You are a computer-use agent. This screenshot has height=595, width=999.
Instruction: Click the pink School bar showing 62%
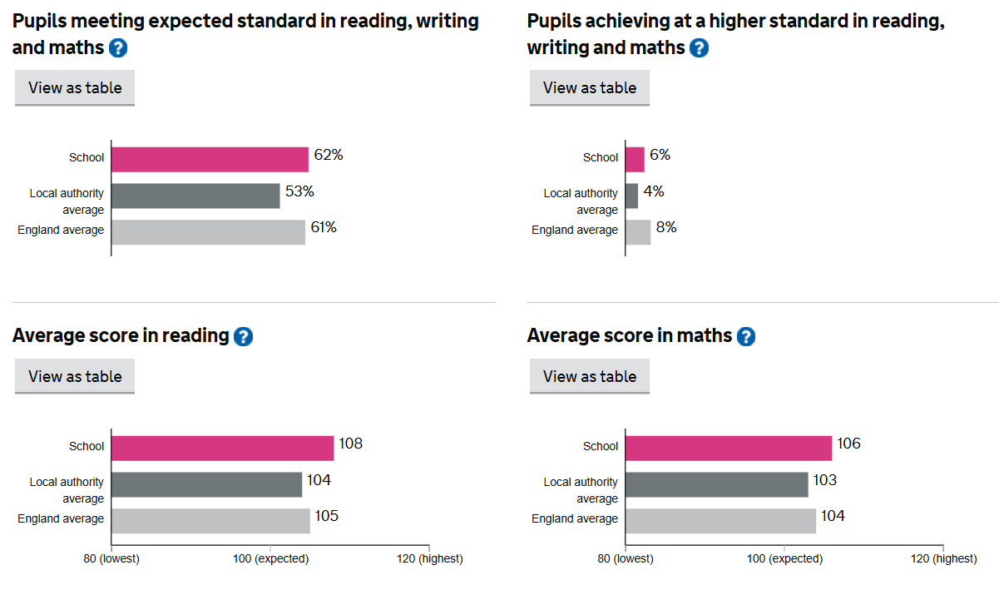point(210,159)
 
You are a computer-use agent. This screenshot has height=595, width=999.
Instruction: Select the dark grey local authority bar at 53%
point(195,196)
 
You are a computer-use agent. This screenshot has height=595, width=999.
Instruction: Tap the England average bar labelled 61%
point(208,232)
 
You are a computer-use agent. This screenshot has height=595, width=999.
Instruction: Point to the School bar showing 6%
point(635,159)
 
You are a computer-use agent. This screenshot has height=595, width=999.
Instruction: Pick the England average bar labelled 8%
point(638,232)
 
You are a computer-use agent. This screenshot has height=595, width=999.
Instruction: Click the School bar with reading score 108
point(222,448)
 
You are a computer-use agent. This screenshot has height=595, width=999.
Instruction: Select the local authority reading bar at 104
point(206,484)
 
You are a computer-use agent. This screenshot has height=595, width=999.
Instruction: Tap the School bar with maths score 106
point(728,448)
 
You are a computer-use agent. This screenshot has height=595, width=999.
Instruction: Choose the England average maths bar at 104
point(720,521)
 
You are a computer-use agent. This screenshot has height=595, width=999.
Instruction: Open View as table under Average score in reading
point(75,376)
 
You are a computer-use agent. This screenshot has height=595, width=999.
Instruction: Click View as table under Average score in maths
point(589,376)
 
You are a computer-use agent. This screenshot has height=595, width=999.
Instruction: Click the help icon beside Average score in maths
point(746,336)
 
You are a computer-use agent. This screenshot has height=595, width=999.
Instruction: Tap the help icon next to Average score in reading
point(243,336)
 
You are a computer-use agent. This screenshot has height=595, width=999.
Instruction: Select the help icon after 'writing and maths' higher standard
point(699,48)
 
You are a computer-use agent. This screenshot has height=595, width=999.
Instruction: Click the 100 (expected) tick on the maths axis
point(784,558)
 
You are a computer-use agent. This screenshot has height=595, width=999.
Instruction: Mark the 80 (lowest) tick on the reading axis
point(111,558)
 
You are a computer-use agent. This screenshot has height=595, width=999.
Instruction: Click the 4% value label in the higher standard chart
point(654,191)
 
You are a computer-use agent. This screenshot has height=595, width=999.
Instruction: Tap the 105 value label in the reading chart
point(326,516)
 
